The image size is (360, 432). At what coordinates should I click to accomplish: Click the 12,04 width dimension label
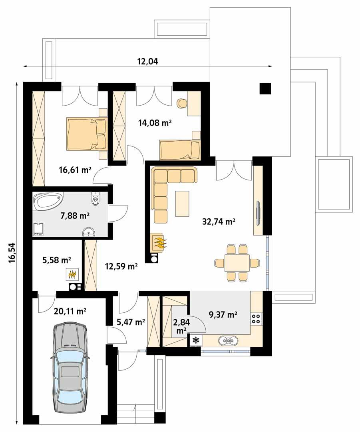pos(147,61)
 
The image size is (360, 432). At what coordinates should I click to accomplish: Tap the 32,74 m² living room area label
pos(219,221)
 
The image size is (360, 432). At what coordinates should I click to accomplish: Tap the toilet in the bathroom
pos(95,199)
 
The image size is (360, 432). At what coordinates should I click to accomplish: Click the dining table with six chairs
pos(237,263)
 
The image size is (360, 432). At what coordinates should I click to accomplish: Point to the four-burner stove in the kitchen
pos(256,318)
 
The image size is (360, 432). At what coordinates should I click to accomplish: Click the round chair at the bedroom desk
pos(182,103)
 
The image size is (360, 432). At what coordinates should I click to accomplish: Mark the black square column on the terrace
pos(265,88)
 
